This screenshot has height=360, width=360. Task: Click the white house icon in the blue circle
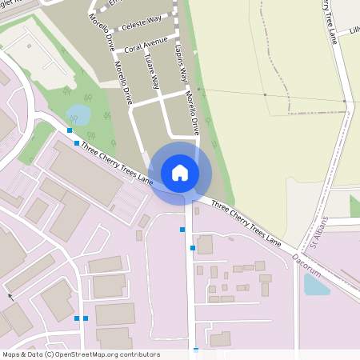[180, 172]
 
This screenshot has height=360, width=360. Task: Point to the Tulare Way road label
[151, 72]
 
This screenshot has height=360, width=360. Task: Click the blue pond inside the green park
[78, 115]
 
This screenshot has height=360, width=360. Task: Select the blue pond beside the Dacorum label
[316, 284]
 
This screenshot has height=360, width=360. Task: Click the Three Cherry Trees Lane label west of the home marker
[116, 159]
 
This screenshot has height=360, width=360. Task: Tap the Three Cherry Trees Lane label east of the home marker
[246, 223]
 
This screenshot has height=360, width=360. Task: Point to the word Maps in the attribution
[11, 354]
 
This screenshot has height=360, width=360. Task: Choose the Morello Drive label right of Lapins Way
[191, 112]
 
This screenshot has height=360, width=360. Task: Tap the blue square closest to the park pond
[70, 130]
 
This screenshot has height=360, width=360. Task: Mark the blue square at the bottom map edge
[196, 350]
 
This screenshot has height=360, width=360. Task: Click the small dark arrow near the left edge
[10, 296]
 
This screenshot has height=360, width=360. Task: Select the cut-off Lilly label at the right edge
[354, 32]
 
